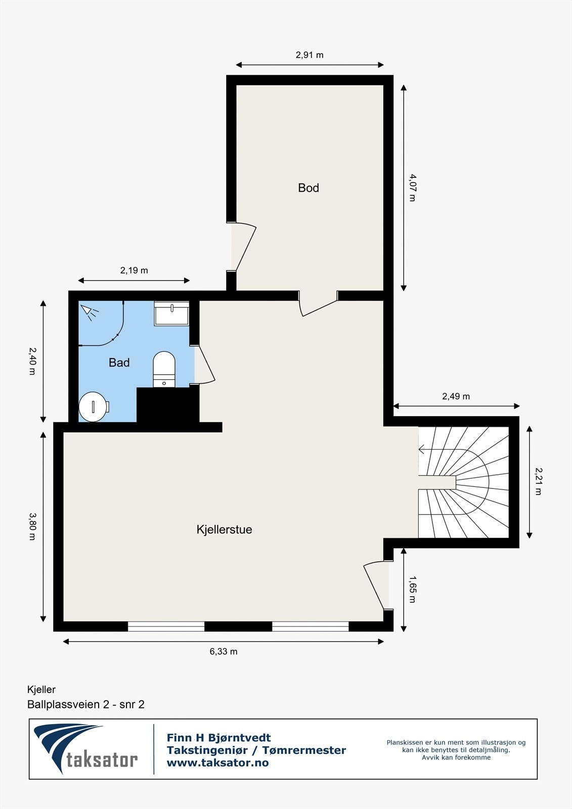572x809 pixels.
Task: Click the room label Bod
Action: click(x=308, y=188)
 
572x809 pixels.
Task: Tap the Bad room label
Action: click(x=119, y=363)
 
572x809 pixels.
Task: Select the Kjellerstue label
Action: click(x=224, y=530)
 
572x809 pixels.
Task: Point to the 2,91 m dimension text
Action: click(x=310, y=55)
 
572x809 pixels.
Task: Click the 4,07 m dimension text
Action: click(x=412, y=188)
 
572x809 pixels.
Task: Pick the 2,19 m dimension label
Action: click(x=134, y=271)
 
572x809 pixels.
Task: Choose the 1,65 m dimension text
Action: click(x=412, y=590)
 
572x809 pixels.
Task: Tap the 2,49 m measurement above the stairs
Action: click(x=456, y=396)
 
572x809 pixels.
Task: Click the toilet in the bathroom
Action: click(x=164, y=369)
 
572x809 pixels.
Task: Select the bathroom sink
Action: click(x=171, y=313)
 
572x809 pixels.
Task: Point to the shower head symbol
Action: click(x=89, y=312)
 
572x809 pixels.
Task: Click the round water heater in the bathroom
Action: click(x=94, y=407)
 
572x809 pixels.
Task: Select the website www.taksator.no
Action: click(x=217, y=763)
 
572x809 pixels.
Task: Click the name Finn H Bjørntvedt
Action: click(x=218, y=738)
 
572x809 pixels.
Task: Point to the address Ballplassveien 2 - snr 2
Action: click(x=86, y=705)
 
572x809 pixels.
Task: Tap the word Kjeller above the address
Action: click(x=41, y=690)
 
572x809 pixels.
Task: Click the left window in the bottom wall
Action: click(x=166, y=626)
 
